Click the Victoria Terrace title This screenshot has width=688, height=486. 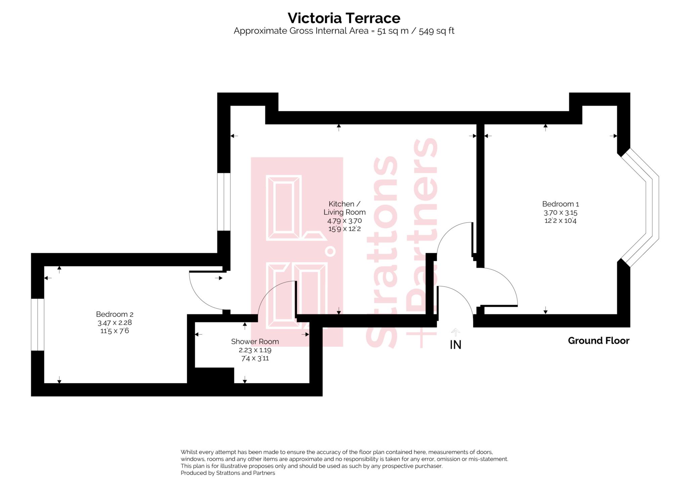344,18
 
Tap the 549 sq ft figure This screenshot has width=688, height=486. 436,31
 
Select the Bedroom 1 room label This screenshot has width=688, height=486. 560,204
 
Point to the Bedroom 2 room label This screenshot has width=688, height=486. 115,314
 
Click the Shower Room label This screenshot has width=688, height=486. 255,342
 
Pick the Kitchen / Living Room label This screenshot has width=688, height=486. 344,208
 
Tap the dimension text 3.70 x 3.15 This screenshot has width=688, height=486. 560,212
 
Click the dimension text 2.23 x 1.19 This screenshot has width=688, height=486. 255,350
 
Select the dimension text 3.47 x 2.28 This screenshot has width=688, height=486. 115,322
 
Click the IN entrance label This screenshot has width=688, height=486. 455,345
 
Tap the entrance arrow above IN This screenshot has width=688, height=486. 455,332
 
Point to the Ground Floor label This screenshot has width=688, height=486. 598,341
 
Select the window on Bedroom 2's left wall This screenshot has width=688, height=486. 38,324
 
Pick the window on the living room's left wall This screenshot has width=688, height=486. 224,202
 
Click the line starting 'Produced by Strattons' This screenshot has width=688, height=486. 228,473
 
